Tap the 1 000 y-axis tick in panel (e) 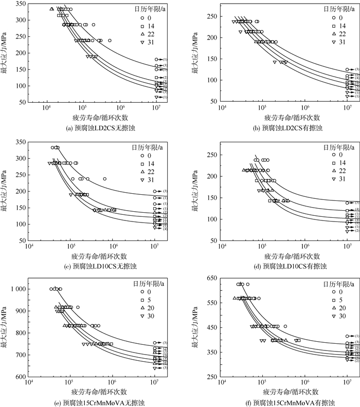[19, 289]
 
